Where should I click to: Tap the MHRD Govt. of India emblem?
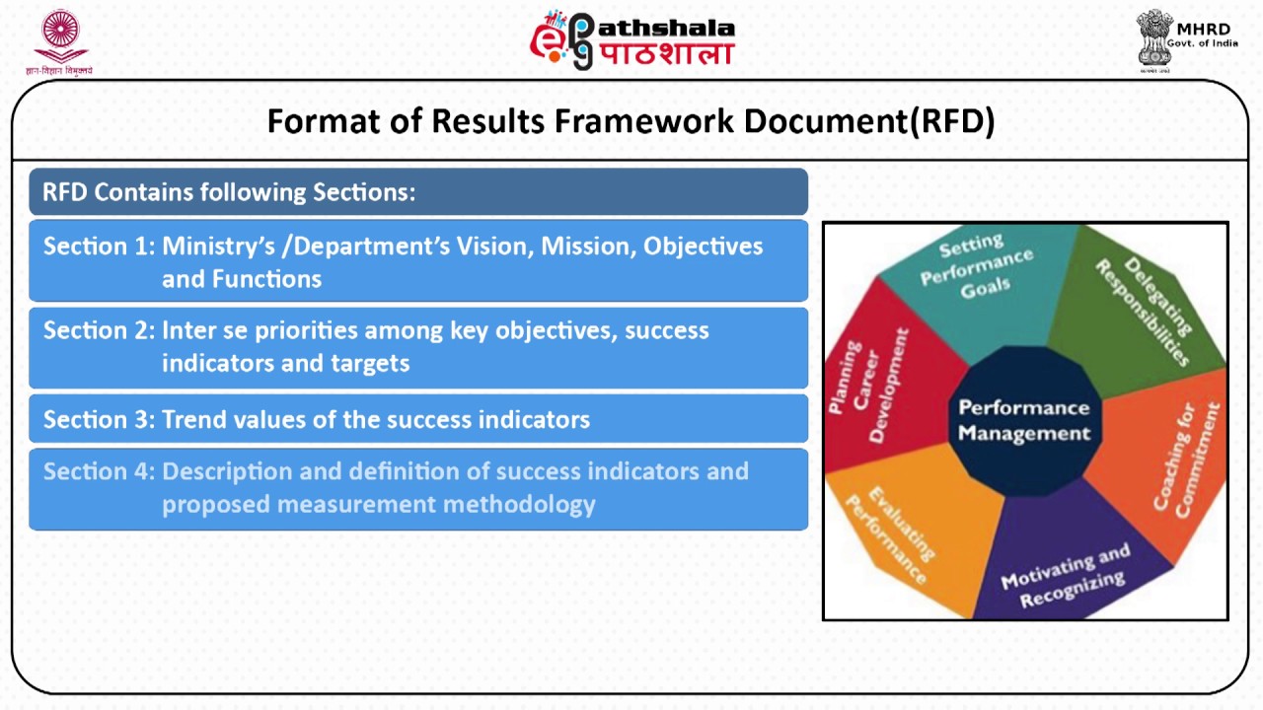coord(1185,40)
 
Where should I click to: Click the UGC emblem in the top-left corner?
coord(60,42)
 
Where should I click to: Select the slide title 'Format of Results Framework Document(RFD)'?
coord(631,121)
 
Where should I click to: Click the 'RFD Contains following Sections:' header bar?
coord(417,192)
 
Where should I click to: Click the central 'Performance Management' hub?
coord(1024,420)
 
